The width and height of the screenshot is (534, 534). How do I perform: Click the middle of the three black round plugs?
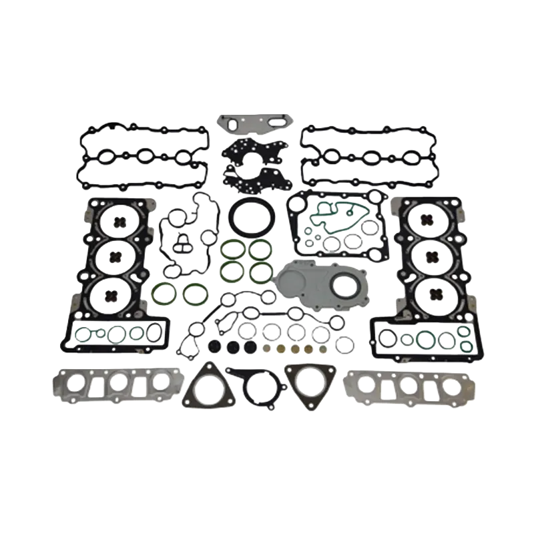click(x=232, y=347)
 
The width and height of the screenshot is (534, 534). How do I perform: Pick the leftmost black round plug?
click(x=214, y=347)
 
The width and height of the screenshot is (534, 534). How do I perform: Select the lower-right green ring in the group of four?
click(x=260, y=270)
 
